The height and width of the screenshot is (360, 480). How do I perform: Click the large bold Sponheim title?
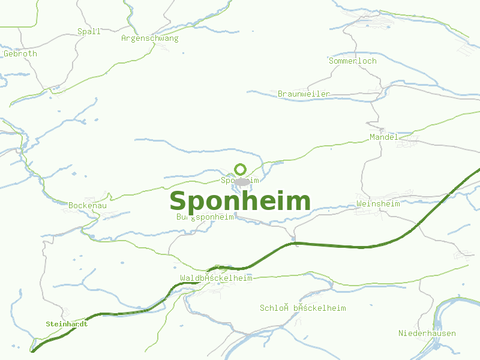click(x=240, y=202)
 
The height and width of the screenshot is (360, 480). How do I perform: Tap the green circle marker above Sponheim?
click(x=240, y=169)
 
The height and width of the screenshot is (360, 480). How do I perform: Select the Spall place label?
click(x=89, y=32)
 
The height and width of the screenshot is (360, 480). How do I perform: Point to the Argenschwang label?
click(x=150, y=38)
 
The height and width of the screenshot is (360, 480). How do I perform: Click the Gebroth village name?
click(x=20, y=53)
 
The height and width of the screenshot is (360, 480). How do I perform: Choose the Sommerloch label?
click(x=353, y=61)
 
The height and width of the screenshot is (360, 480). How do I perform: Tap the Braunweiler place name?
click(x=304, y=94)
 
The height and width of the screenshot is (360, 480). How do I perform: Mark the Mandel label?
click(x=384, y=137)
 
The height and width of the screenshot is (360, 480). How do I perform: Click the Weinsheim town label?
click(x=378, y=204)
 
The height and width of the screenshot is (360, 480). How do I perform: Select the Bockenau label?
click(x=88, y=205)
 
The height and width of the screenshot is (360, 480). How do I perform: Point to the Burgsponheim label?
click(x=205, y=217)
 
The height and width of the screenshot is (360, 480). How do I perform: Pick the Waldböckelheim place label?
click(x=216, y=278)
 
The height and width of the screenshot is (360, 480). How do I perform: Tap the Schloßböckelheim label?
click(x=303, y=308)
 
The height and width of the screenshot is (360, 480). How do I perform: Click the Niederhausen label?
click(x=427, y=333)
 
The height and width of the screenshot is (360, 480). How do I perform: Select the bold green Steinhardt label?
click(x=67, y=324)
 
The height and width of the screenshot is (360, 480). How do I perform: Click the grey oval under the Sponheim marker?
click(x=242, y=181)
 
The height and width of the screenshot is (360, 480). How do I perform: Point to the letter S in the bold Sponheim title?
click(x=179, y=202)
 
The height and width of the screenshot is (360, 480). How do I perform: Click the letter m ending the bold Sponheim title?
click(x=300, y=202)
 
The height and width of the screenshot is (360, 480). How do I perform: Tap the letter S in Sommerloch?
click(x=331, y=61)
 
